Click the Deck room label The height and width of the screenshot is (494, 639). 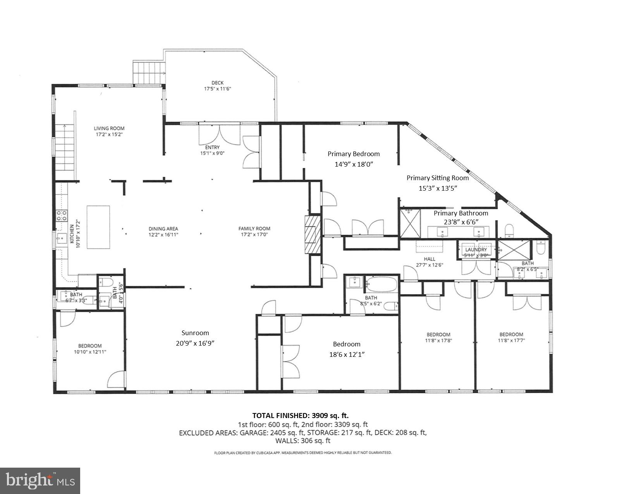click(217, 83)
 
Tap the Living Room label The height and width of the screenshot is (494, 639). click(109, 128)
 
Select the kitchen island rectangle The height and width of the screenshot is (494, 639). click(98, 227)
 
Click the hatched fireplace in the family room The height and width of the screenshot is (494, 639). click(313, 234)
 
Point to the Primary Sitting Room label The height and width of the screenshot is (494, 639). click(438, 178)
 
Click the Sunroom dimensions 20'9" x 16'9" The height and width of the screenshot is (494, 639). click(195, 343)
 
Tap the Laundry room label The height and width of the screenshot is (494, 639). click(476, 250)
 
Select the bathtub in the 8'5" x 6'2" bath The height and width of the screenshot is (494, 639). click(382, 284)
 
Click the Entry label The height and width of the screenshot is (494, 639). click(212, 147)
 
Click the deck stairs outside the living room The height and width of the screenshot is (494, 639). click(149, 73)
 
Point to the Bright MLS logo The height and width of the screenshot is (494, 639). click(40, 480)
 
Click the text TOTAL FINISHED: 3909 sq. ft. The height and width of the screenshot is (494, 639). click(303, 416)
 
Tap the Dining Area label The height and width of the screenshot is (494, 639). click(163, 229)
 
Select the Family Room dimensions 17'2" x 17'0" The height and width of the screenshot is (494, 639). click(254, 234)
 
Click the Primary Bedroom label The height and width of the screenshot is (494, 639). click(354, 154)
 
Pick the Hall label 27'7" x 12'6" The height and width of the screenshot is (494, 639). click(429, 259)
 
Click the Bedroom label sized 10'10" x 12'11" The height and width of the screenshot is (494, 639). click(90, 346)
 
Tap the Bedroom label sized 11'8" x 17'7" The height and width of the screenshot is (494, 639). click(511, 334)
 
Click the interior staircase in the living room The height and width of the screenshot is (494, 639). click(64, 152)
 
